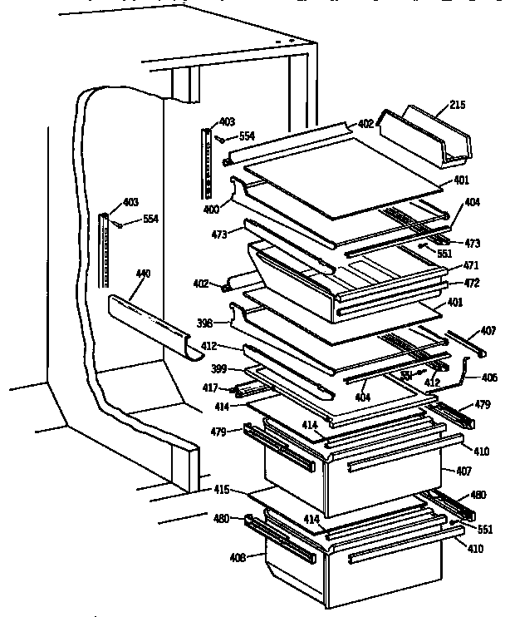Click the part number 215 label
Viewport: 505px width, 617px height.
tap(458, 105)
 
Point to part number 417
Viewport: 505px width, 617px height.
tap(210, 387)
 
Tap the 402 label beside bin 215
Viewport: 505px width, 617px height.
tap(365, 123)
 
